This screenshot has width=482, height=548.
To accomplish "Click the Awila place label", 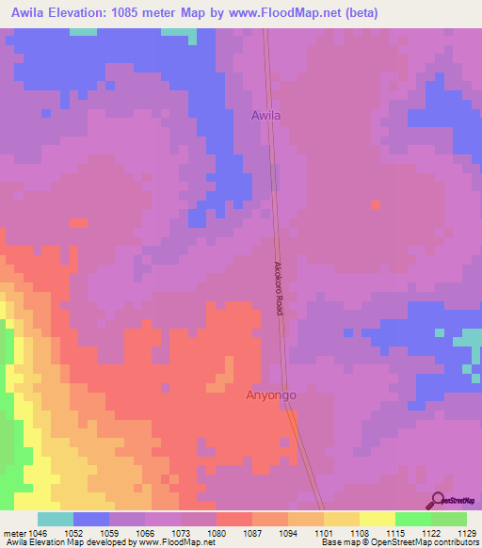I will (x=265, y=116).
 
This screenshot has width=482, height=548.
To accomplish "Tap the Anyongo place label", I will (x=271, y=395).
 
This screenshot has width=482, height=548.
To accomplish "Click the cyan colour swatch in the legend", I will (x=56, y=519).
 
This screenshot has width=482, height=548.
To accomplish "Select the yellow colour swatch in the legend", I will (x=378, y=519).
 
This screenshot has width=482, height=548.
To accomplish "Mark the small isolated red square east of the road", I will (x=376, y=203).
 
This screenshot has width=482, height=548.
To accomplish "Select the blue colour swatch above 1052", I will (x=91, y=519).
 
